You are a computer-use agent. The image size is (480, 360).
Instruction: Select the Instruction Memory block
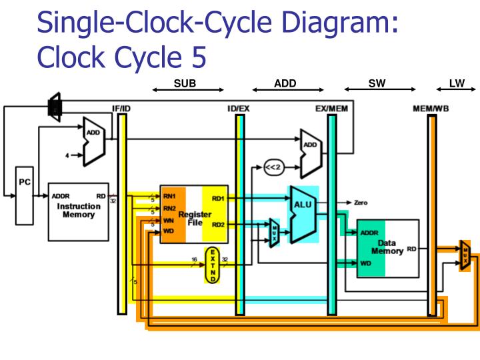tap(78, 211)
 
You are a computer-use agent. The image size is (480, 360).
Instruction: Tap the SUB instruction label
tap(185, 84)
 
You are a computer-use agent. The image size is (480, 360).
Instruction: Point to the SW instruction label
tap(377, 84)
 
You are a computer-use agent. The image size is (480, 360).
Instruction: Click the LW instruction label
tap(457, 84)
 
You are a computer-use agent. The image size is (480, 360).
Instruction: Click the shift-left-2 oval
tap(273, 167)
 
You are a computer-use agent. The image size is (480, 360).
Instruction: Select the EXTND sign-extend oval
tap(212, 264)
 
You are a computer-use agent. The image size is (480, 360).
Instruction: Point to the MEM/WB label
tap(431, 107)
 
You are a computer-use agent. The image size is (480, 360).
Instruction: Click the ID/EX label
tap(239, 107)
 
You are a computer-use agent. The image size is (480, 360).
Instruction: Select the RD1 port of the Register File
tap(218, 198)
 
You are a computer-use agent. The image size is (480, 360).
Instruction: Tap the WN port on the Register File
tap(169, 219)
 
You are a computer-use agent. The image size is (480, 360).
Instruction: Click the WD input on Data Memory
tap(365, 263)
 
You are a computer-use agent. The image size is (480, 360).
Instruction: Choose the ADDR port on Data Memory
tap(369, 233)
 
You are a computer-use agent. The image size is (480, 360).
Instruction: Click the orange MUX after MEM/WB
tap(465, 255)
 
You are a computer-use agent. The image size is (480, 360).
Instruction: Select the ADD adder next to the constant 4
tap(93, 141)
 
